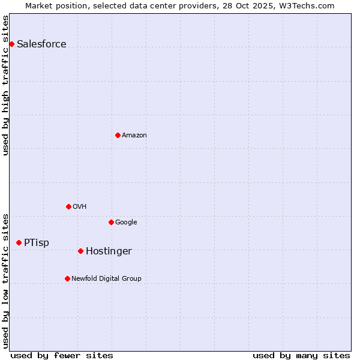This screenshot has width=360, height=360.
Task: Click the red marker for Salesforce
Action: (x=11, y=44)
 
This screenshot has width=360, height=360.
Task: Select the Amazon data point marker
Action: (x=118, y=135)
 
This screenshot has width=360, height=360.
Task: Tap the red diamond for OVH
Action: (x=68, y=206)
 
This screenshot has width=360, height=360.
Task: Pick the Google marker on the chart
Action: (x=111, y=222)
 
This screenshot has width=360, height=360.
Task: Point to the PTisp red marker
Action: (x=19, y=242)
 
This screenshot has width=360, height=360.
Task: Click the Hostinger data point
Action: (x=80, y=251)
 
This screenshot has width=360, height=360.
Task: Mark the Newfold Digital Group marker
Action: (x=67, y=278)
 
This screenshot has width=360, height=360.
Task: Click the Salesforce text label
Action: (x=41, y=44)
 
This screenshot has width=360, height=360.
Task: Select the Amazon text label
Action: (x=134, y=135)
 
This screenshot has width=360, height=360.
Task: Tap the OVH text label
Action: (x=80, y=206)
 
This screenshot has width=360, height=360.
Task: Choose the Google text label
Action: (x=126, y=222)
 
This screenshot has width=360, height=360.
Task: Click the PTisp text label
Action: (x=37, y=242)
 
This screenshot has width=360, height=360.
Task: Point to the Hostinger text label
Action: (x=109, y=251)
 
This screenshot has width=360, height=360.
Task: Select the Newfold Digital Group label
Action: (x=106, y=278)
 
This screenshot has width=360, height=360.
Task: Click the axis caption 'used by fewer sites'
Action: (x=62, y=355)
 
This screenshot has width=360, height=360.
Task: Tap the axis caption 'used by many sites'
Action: (x=301, y=355)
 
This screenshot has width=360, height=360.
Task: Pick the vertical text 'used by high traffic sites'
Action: (x=5, y=85)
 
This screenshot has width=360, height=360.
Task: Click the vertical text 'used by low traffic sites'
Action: (x=5, y=281)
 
